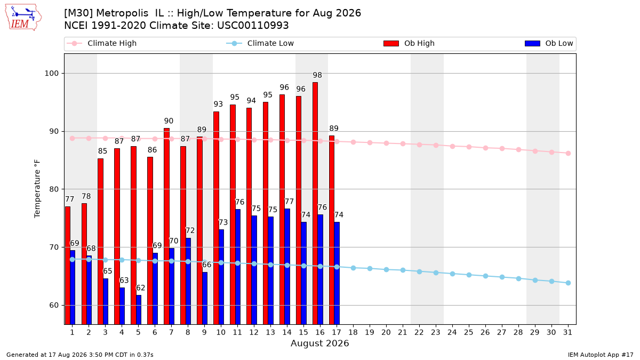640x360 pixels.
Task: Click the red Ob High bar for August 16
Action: (315, 203)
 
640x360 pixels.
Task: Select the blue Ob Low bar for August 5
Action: (139, 310)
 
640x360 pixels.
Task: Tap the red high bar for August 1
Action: (68, 266)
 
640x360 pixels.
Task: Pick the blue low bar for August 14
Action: (287, 267)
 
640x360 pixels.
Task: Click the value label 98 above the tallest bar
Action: (317, 75)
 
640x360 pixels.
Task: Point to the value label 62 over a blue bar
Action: (141, 287)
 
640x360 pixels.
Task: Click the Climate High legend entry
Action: (102, 43)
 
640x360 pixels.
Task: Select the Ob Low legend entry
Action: (549, 43)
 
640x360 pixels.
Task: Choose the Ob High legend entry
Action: (409, 43)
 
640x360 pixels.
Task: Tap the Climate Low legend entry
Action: (260, 43)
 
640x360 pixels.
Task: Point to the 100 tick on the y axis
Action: (51, 74)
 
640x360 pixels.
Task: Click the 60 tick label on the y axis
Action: (53, 306)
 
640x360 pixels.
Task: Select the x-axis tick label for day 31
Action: (567, 332)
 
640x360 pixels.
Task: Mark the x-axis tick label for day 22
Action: (419, 332)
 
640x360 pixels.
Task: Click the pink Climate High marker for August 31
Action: (569, 154)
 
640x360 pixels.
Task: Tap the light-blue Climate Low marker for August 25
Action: (469, 275)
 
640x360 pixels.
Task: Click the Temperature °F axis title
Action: (37, 189)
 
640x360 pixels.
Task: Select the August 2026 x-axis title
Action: (319, 343)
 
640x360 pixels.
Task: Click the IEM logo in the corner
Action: (23, 18)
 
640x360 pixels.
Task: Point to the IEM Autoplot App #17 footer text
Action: (601, 355)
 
